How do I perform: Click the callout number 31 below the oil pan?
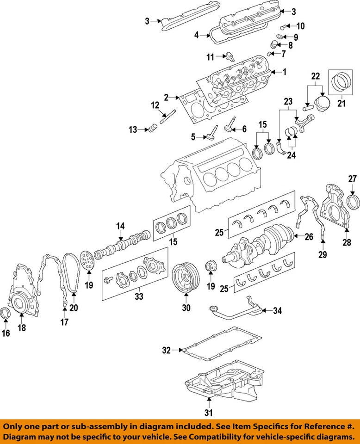click(x=208, y=413)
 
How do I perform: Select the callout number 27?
click(x=353, y=179)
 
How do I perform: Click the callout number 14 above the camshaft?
click(x=120, y=226)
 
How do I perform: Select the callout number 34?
click(x=277, y=311)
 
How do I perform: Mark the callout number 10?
click(x=300, y=26)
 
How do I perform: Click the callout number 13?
click(x=133, y=130)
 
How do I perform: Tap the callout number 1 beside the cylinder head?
click(x=285, y=72)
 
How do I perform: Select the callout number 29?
click(x=323, y=253)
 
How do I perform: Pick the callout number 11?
click(x=211, y=57)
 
